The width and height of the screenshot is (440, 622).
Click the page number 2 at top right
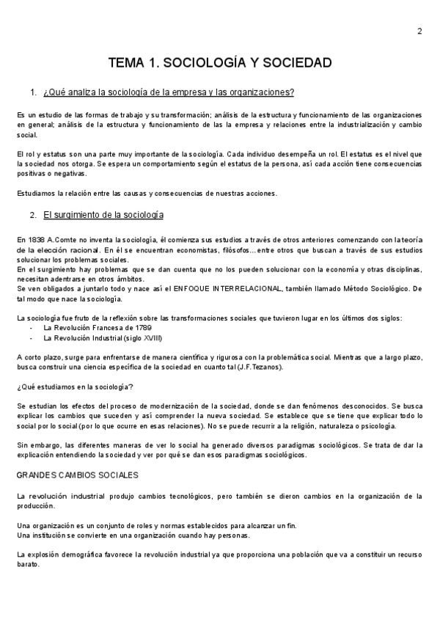[x=419, y=31]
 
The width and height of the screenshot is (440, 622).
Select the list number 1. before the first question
[x=33, y=92]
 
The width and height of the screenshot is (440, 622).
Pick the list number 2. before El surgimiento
[x=33, y=215]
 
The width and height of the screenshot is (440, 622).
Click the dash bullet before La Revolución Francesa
[x=32, y=328]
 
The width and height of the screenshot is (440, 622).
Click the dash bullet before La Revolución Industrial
[x=32, y=338]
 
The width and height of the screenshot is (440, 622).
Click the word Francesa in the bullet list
[x=106, y=328]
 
